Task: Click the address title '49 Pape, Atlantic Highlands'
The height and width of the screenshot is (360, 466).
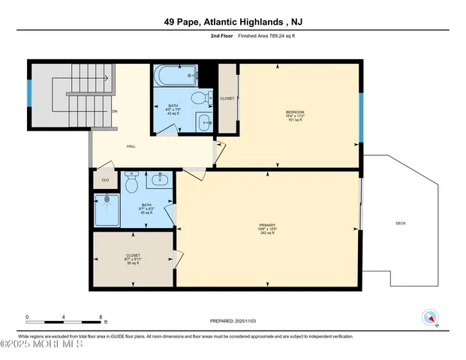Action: pyautogui.click(x=233, y=22)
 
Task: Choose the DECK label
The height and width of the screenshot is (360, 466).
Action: pyautogui.click(x=401, y=223)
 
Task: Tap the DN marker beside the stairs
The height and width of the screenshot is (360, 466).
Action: pyautogui.click(x=115, y=112)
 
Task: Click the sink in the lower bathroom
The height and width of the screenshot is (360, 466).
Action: pyautogui.click(x=159, y=179)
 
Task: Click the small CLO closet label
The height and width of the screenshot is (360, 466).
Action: pyautogui.click(x=104, y=181)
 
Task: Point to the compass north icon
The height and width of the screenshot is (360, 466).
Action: pyautogui.click(x=430, y=316)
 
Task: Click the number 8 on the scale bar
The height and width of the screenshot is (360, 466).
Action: pyautogui.click(x=100, y=316)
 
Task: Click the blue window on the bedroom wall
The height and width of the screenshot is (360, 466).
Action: pyautogui.click(x=360, y=116)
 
